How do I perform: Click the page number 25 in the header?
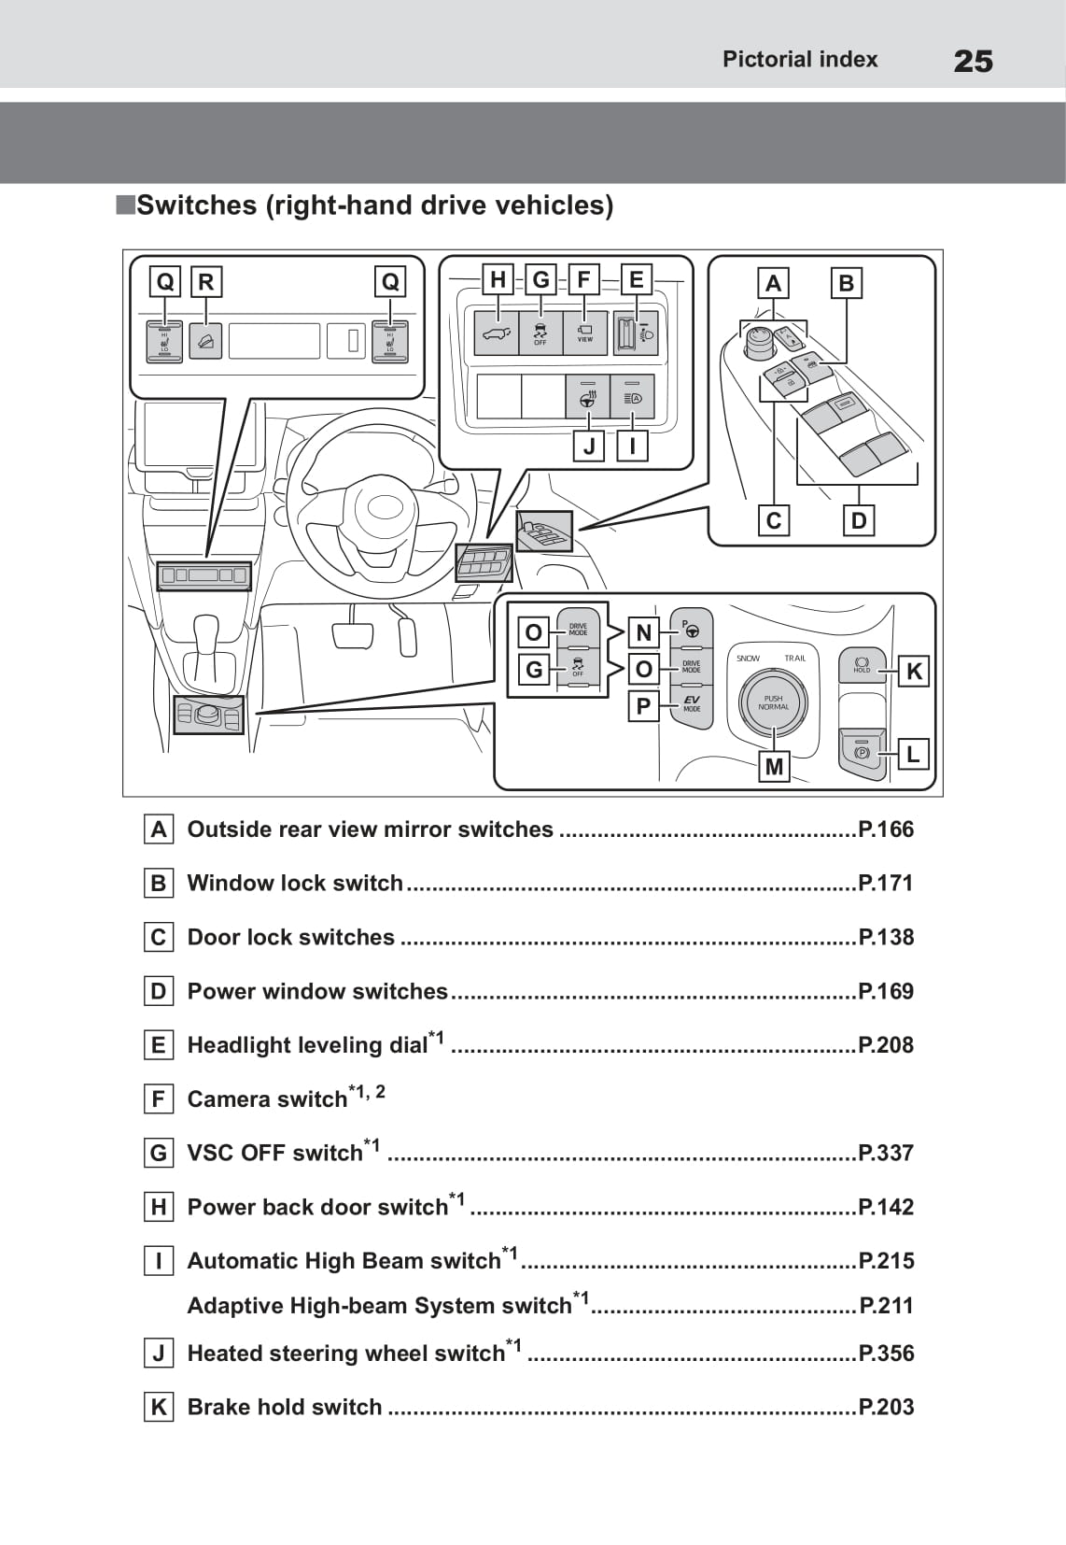coord(973,62)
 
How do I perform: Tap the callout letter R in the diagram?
coord(206,281)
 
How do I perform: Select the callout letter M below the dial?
coord(774,767)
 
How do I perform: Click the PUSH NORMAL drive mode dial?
coord(773,702)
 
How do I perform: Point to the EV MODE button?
coord(691,702)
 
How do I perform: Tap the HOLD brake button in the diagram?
coord(862,664)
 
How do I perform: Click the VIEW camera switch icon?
coord(585,333)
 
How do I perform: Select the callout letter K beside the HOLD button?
coord(914,671)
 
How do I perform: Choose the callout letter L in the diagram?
coord(913,754)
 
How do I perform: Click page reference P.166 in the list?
coord(886,829)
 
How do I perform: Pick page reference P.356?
coord(886,1353)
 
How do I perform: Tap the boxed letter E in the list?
coord(159,1045)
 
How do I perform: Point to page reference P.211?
coord(886,1305)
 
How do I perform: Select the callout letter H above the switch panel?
coord(498,279)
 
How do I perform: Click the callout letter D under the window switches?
coord(859,520)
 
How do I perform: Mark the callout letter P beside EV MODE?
coord(643,706)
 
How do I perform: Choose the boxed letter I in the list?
coord(159,1261)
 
